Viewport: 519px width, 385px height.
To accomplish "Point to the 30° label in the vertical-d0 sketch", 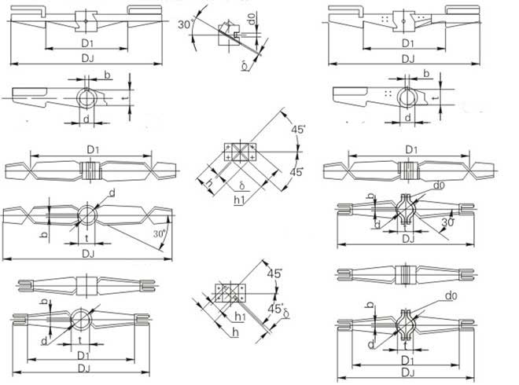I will (185, 24).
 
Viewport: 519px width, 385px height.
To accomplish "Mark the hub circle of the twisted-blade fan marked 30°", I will (86, 214).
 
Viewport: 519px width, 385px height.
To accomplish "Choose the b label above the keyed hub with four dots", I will (426, 74).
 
